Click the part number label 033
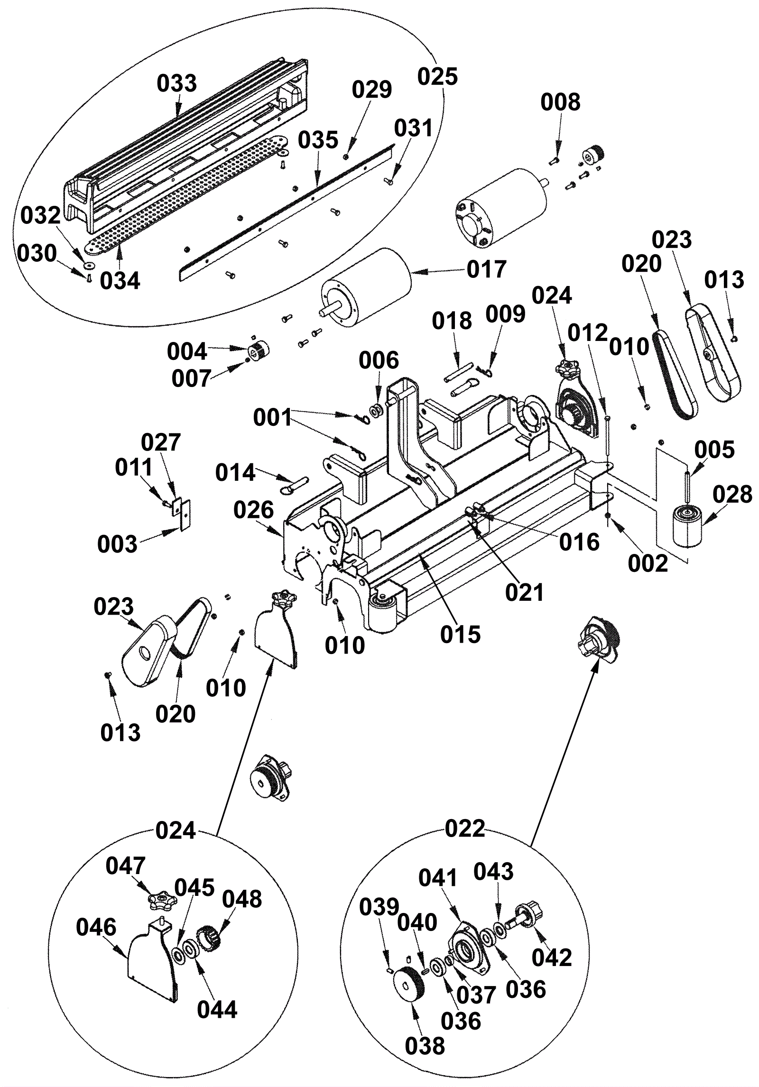(176, 83)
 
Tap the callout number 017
(487, 269)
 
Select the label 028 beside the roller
(732, 494)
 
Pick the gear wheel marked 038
(409, 987)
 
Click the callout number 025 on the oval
(437, 76)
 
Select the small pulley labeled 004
(259, 351)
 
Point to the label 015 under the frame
(460, 634)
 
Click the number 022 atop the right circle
(465, 829)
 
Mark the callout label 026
(254, 510)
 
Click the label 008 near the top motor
(561, 102)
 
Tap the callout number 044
(217, 1010)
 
